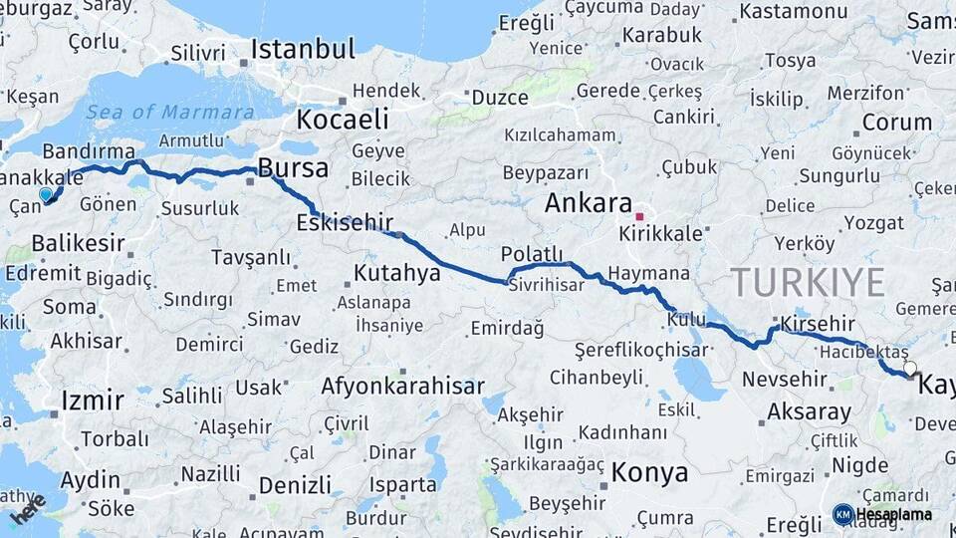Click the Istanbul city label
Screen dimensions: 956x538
click(x=302, y=49)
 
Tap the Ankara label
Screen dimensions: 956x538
click(x=589, y=204)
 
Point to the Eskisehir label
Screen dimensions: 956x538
click(x=345, y=222)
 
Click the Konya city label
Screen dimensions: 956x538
click(x=649, y=471)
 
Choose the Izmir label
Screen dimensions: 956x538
click(x=93, y=401)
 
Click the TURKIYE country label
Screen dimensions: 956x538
click(x=808, y=283)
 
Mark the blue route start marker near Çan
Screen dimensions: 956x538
click(x=45, y=194)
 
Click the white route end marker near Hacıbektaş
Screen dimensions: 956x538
click(x=909, y=369)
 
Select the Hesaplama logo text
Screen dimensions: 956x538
click(x=893, y=515)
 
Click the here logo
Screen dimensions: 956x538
click(x=28, y=510)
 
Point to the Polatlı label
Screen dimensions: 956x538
click(x=532, y=253)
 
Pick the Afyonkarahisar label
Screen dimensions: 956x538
click(x=403, y=386)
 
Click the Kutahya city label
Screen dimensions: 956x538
click(x=397, y=272)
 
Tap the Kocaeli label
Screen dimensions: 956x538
click(x=342, y=120)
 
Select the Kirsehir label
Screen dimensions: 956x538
click(x=819, y=325)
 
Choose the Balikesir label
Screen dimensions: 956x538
click(x=78, y=243)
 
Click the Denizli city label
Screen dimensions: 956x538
click(x=295, y=485)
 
